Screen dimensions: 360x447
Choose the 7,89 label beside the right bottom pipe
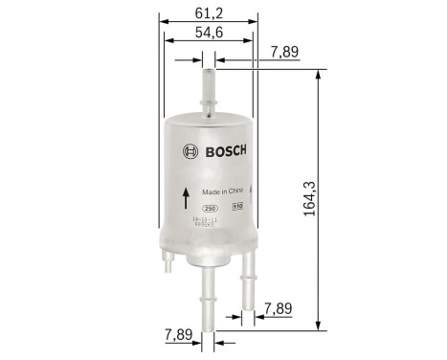279,309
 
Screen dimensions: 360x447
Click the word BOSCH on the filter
226,150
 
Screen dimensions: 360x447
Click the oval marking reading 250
210,207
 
